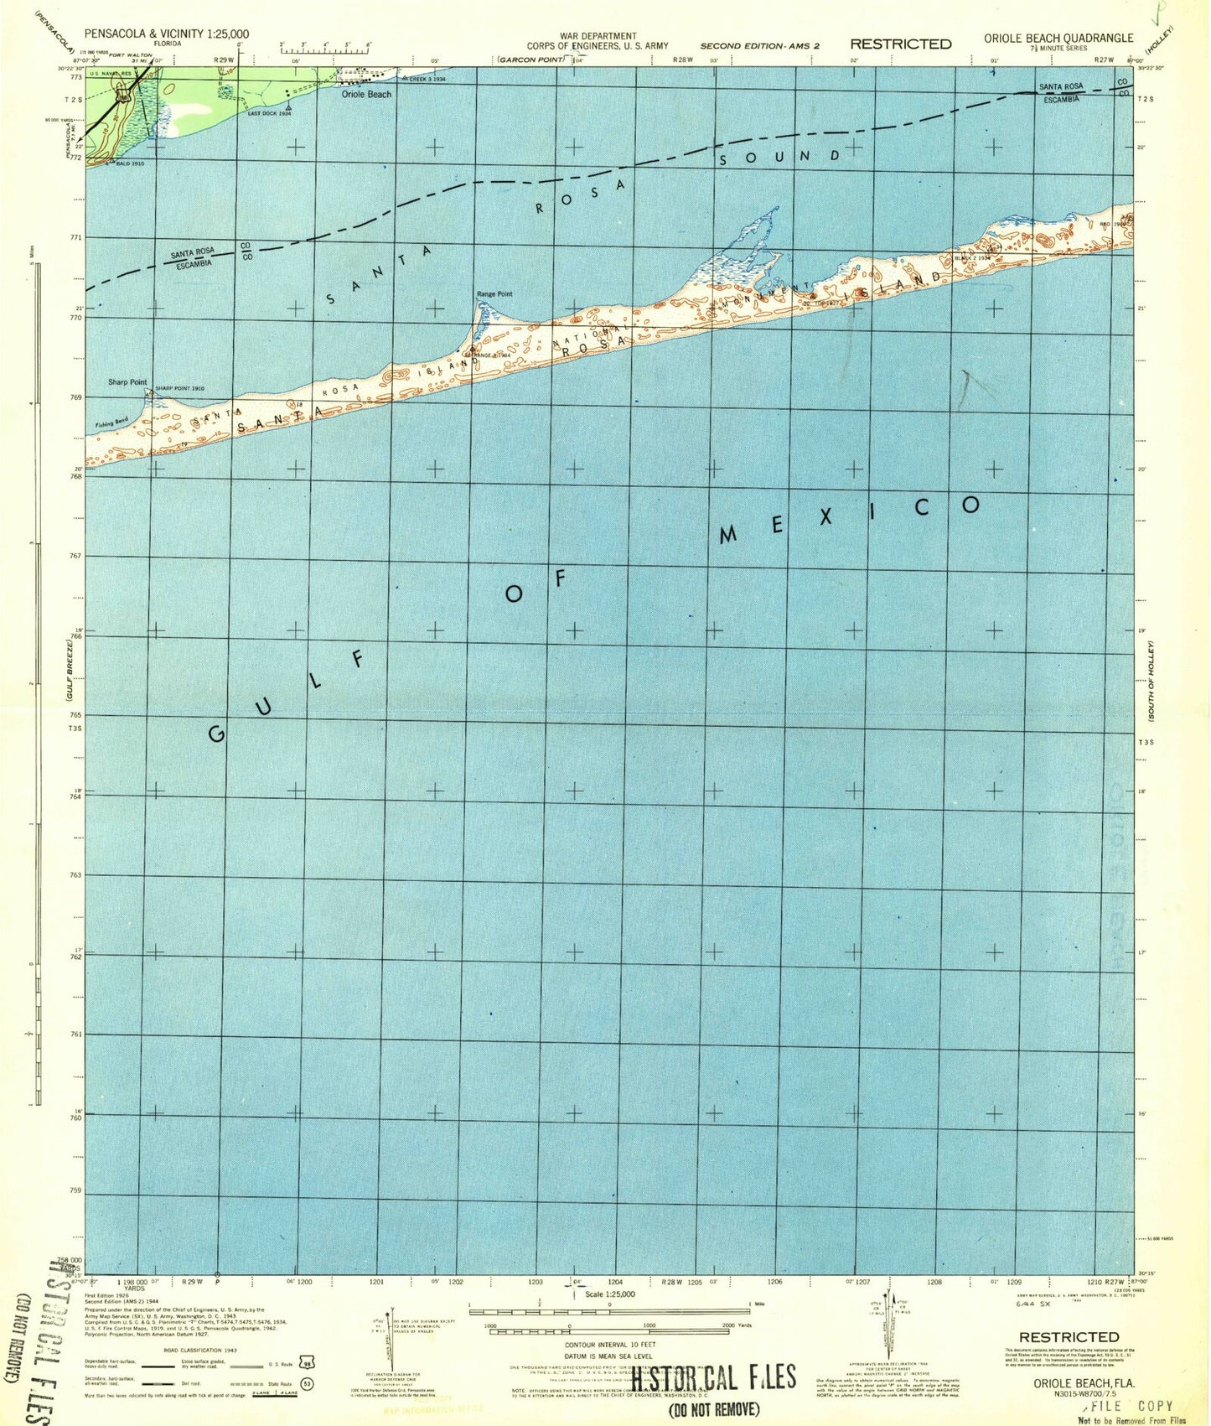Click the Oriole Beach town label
pyautogui.click(x=366, y=95)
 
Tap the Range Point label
pyautogui.click(x=494, y=294)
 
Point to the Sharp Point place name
pyautogui.click(x=127, y=382)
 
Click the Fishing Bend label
pyautogui.click(x=111, y=423)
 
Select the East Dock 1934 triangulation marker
pyautogui.click(x=288, y=108)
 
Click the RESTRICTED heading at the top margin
pyautogui.click(x=901, y=44)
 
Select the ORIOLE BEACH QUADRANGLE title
pyautogui.click(x=1058, y=38)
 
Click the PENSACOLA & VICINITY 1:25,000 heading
pyautogui.click(x=167, y=34)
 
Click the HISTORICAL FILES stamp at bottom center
pyautogui.click(x=712, y=1377)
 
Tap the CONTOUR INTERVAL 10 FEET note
pyautogui.click(x=609, y=1345)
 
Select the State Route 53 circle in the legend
pyautogui.click(x=308, y=1384)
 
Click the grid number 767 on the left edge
pyautogui.click(x=75, y=556)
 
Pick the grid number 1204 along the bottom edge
pyautogui.click(x=614, y=1282)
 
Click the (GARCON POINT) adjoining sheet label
pyautogui.click(x=532, y=60)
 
